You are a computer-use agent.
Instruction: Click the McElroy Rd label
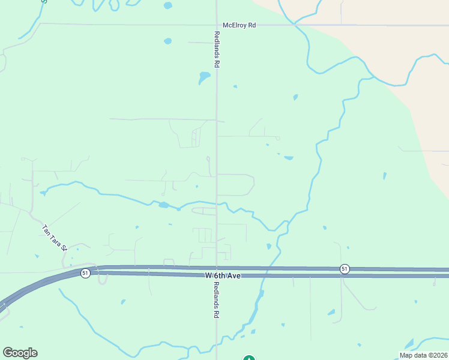click(x=239, y=25)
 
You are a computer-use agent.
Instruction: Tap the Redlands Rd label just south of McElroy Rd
click(x=217, y=49)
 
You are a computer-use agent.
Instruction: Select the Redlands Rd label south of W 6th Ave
click(x=217, y=298)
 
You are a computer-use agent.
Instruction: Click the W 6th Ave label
click(x=223, y=275)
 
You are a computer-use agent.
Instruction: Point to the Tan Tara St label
click(x=54, y=238)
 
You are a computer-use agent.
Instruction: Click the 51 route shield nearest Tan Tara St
click(x=86, y=273)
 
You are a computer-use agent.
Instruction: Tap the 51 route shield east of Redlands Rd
click(x=344, y=269)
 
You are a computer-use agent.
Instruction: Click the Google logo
click(x=20, y=352)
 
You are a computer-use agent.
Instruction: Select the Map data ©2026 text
click(x=423, y=355)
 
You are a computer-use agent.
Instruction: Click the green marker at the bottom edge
click(x=249, y=358)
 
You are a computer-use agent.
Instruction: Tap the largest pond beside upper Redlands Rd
click(x=205, y=77)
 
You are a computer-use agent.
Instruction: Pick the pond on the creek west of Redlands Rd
click(x=163, y=205)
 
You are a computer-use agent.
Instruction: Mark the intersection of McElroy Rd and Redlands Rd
click(x=217, y=25)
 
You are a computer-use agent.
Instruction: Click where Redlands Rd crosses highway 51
click(x=217, y=272)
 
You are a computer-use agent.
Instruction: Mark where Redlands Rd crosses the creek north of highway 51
click(x=217, y=205)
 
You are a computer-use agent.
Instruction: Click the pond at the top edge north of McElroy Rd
click(x=167, y=5)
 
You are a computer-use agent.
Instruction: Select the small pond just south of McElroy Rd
click(x=167, y=41)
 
